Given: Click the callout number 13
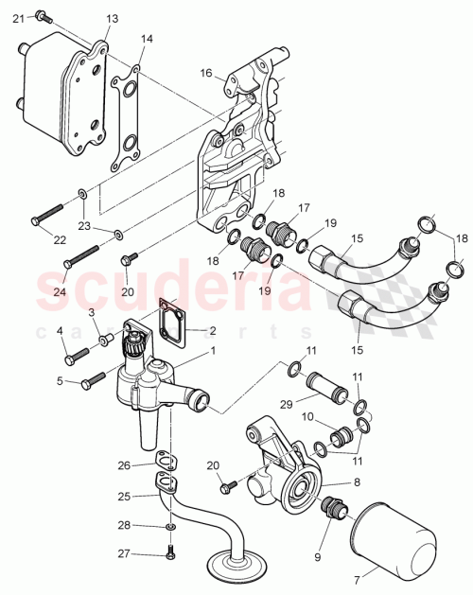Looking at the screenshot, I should click(x=113, y=19).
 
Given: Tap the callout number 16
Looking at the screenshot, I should click(x=205, y=72).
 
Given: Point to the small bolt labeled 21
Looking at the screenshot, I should click(x=43, y=14).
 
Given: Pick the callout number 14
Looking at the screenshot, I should click(x=147, y=39).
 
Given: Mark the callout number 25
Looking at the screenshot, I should click(x=123, y=496).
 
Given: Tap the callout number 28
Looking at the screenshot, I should click(x=123, y=525).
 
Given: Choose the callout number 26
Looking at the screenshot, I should click(x=123, y=465).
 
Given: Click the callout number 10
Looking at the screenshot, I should click(x=307, y=417).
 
